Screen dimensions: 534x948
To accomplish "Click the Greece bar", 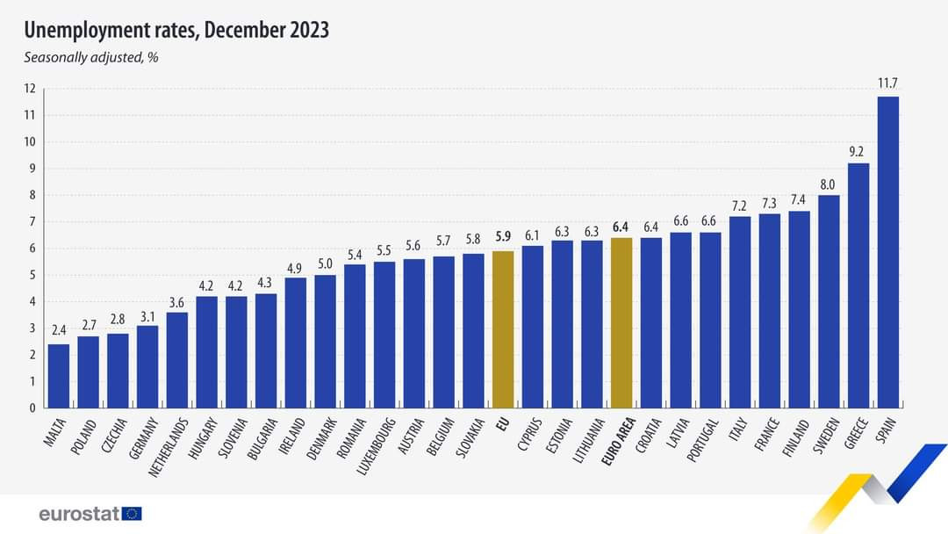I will (858, 285).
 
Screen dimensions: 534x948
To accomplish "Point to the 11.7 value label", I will (887, 83).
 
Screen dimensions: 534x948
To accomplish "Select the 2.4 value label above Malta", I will (58, 331).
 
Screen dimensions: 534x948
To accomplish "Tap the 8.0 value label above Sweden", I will (829, 183).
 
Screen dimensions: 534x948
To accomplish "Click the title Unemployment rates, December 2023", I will (176, 31).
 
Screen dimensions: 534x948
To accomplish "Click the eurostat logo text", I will (79, 514).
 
